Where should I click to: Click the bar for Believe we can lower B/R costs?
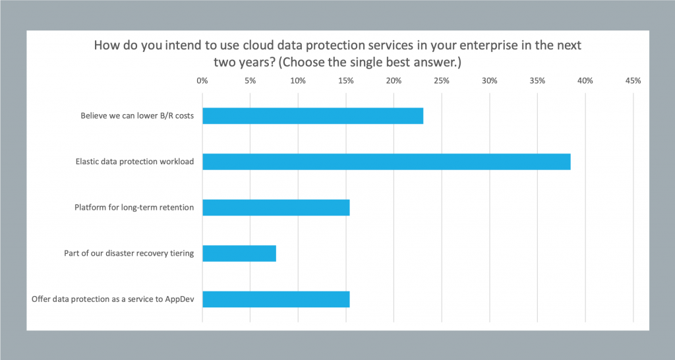coord(312,116)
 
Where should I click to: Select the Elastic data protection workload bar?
coord(386,162)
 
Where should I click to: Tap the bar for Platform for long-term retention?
coord(276,208)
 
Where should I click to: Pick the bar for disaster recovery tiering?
coord(239,253)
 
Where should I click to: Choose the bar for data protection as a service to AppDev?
coord(276,299)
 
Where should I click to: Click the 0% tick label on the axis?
coord(202,81)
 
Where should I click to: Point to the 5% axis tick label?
coord(250,81)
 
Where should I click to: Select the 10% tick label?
coord(298,81)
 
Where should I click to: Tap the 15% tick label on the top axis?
coord(346,81)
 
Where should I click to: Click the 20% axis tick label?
coord(394,81)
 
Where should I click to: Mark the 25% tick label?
coord(442,81)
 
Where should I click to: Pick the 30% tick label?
coord(489,81)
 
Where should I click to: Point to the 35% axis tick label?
coord(537,81)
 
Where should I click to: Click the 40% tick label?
coord(585,81)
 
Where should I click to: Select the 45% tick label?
coord(633,81)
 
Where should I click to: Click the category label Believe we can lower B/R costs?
coord(137,116)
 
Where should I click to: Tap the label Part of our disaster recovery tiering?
coord(129,253)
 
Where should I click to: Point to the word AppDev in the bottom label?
coord(179,299)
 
